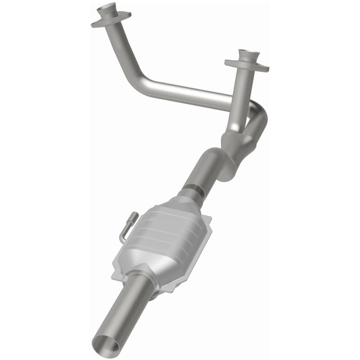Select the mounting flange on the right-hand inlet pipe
point(247,66)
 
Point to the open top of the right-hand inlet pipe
point(249,52)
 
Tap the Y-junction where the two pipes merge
point(234,144)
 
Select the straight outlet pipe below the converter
point(121,310)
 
